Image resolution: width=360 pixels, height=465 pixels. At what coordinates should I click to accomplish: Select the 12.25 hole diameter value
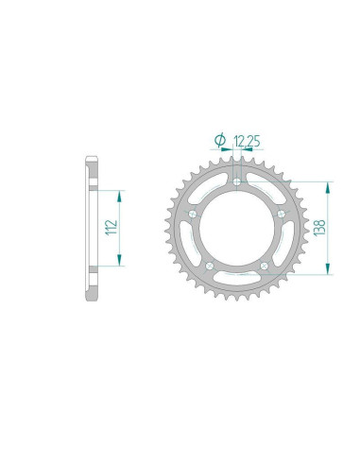coord(241,141)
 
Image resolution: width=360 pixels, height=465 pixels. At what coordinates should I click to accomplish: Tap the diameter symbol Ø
coord(219,141)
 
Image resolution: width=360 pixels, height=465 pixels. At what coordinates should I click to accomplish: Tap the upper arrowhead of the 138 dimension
coord(329,184)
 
